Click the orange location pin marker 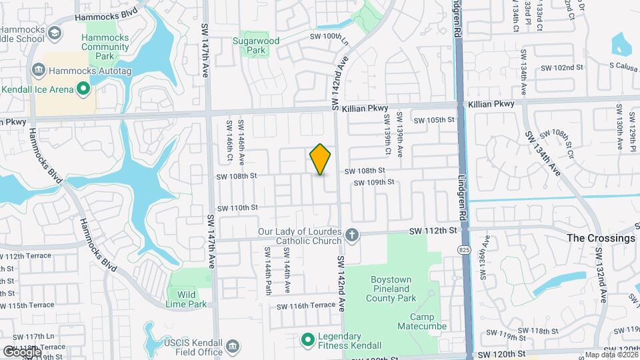[x=321, y=159]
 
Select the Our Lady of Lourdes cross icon [x=352, y=235]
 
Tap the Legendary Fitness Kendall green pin [x=307, y=341]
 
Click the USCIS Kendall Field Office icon [x=233, y=345]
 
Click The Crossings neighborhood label [x=601, y=238]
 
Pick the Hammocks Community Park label [x=105, y=47]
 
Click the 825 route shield [x=465, y=249]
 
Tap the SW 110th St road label [x=236, y=207]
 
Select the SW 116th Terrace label [x=306, y=305]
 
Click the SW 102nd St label [x=561, y=68]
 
